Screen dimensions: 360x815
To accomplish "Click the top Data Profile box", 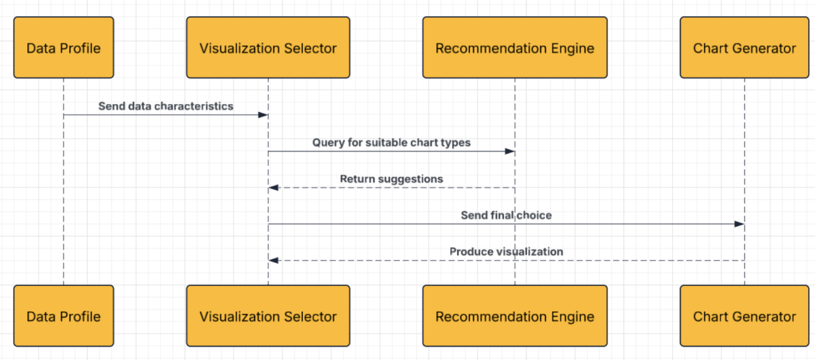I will (64, 48).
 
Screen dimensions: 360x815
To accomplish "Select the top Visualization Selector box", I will (268, 48).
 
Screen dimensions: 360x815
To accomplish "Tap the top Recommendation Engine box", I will (515, 48).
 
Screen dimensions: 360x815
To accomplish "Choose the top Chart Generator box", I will (744, 48).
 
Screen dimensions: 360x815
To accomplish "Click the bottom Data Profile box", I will (64, 317).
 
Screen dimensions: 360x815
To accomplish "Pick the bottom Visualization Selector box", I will (268, 317).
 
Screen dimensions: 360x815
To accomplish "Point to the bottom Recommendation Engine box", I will (515, 317).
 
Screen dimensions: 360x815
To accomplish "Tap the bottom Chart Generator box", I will (744, 317).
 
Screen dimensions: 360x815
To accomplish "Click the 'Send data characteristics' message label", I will (166, 106).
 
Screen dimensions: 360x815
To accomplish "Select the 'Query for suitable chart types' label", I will (391, 143).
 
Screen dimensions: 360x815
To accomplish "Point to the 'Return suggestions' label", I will (391, 179).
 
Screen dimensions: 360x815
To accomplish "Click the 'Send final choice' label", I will (507, 215).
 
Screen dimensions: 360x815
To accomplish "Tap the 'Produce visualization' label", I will (506, 251).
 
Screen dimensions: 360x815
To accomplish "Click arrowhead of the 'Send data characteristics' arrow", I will (264, 115).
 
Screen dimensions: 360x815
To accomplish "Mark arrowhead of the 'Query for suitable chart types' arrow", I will (510, 151).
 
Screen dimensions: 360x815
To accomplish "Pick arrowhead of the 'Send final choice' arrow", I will (740, 224).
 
